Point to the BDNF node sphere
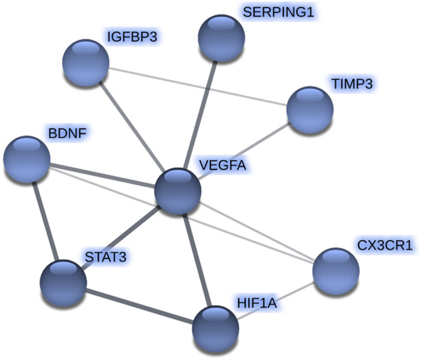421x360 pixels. [x=26, y=159]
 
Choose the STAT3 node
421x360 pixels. [x=63, y=282]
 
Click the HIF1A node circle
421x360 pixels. [x=215, y=328]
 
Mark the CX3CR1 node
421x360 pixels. [x=336, y=271]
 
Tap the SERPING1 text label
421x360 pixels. [x=274, y=12]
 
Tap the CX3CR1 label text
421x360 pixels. [x=384, y=246]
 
